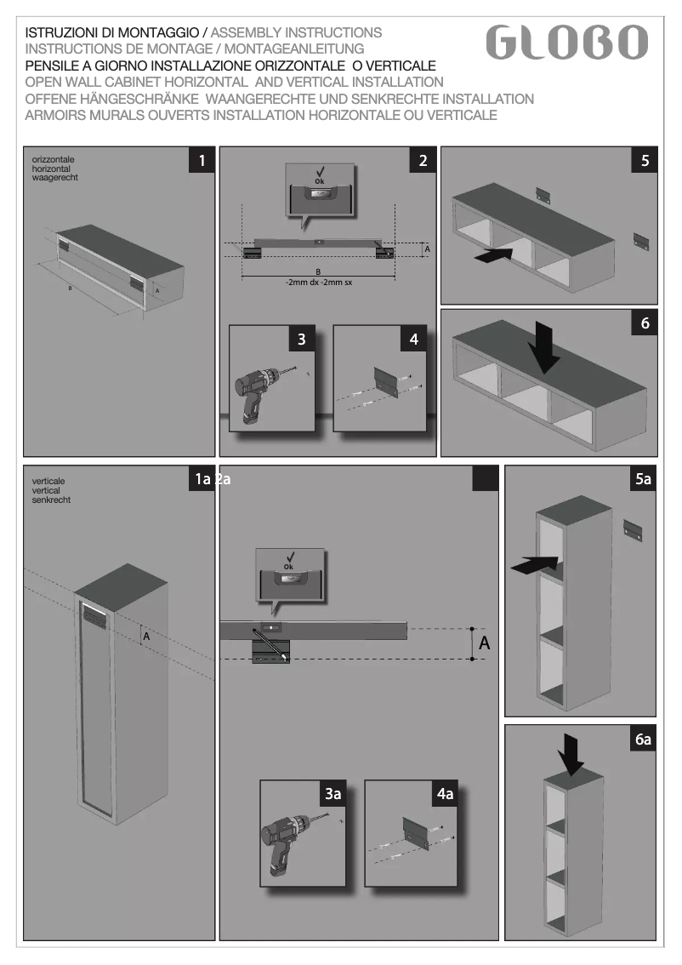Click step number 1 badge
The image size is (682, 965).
click(201, 161)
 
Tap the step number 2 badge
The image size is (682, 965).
click(423, 161)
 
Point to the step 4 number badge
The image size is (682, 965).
click(414, 339)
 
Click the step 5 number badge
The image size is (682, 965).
click(645, 161)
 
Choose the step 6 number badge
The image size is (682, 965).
click(645, 323)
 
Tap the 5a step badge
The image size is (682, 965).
click(644, 480)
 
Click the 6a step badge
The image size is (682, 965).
click(644, 739)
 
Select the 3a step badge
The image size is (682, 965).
click(332, 794)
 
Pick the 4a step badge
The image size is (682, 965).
click(445, 794)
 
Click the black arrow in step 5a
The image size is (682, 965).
click(534, 562)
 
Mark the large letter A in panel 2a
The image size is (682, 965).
click(485, 644)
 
